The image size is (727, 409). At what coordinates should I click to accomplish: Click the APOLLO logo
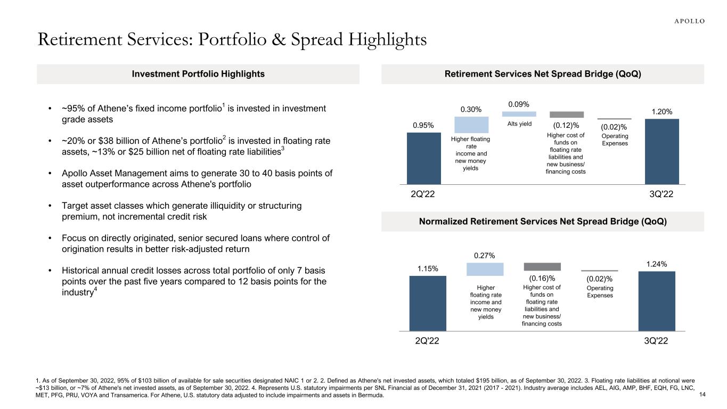(686, 21)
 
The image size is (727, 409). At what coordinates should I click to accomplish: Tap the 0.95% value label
(423, 125)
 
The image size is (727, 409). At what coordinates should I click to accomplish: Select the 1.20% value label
(661, 112)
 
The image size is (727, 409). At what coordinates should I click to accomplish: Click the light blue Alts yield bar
(519, 114)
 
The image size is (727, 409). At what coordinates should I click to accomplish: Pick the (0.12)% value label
(566, 125)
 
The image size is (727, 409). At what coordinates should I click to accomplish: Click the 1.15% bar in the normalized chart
(427, 303)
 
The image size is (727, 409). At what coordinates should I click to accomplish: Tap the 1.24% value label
(657, 264)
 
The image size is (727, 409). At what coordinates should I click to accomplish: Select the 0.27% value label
(485, 256)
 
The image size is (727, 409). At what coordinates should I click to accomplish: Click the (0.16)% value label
(542, 278)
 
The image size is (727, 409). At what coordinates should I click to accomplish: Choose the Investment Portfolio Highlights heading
(198, 74)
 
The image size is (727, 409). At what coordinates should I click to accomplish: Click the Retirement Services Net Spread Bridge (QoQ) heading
(543, 74)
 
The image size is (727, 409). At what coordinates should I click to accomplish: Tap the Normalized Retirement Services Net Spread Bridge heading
(543, 221)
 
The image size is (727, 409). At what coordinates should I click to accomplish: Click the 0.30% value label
(471, 110)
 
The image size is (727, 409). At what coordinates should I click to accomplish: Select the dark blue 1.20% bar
(661, 151)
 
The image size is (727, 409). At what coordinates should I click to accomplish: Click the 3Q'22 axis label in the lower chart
(655, 341)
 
